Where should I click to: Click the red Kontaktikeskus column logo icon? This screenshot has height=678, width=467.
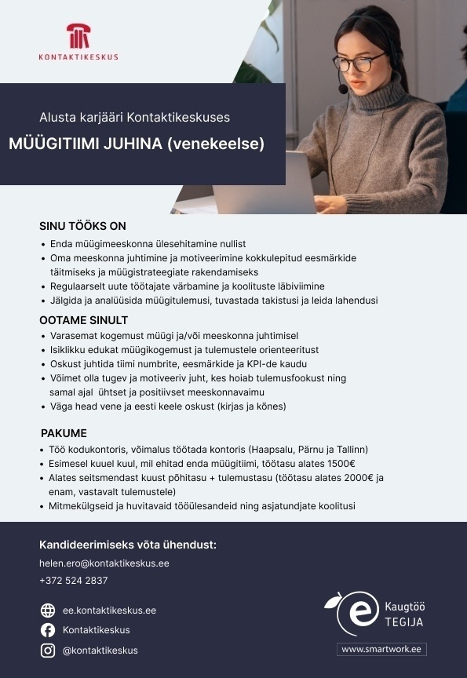click(78, 37)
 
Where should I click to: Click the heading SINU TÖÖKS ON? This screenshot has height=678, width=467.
click(82, 226)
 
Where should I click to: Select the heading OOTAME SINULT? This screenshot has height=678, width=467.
click(83, 320)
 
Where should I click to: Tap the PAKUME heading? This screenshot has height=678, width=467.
click(64, 433)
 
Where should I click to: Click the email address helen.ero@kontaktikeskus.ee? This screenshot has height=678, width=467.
click(104, 563)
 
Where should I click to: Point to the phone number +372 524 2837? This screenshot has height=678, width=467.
click(73, 581)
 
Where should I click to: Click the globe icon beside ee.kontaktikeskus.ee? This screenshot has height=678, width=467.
click(48, 611)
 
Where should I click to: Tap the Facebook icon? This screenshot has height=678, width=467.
click(48, 630)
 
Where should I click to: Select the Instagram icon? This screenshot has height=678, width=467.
click(48, 650)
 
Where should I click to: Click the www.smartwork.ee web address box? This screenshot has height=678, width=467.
click(382, 649)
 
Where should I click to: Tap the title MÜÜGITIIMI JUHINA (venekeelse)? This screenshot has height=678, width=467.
click(137, 144)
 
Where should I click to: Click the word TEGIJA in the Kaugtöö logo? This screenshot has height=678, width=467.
click(404, 622)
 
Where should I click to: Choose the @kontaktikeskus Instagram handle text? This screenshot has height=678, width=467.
click(100, 650)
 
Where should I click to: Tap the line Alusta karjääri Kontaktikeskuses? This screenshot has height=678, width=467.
click(135, 118)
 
